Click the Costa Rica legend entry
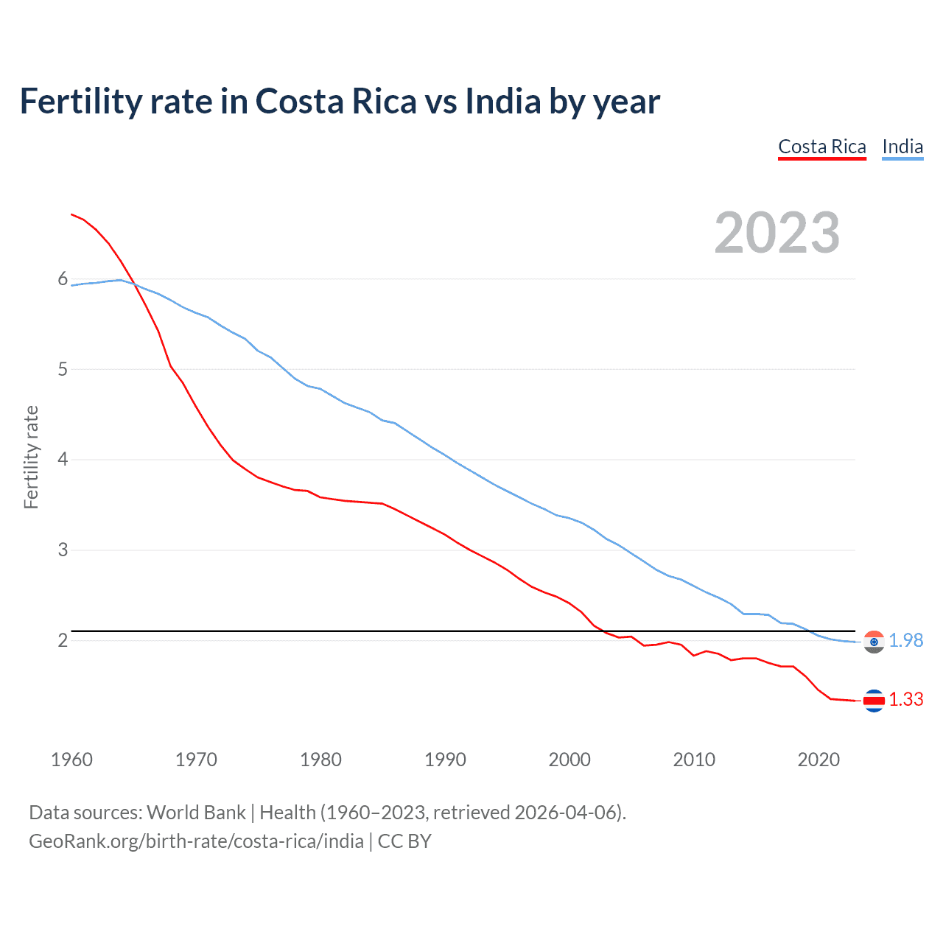[x=821, y=147]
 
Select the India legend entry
[x=902, y=147]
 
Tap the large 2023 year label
[x=777, y=233]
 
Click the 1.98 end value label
[x=905, y=641]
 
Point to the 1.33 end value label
[x=905, y=700]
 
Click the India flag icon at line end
[x=874, y=642]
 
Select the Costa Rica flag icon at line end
[x=874, y=701]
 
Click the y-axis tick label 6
[x=63, y=279]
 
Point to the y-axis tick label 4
[x=63, y=460]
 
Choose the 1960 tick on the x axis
[x=71, y=760]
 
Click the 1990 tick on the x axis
[x=445, y=760]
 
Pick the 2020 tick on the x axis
[x=818, y=760]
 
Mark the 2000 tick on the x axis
[x=569, y=760]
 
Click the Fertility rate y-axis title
[x=31, y=457]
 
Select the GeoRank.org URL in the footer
[x=196, y=841]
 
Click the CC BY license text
[x=404, y=841]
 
